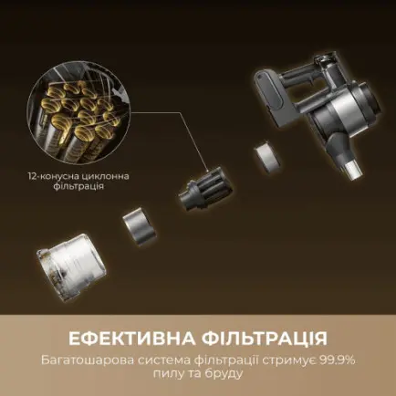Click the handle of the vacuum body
point(300,69)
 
